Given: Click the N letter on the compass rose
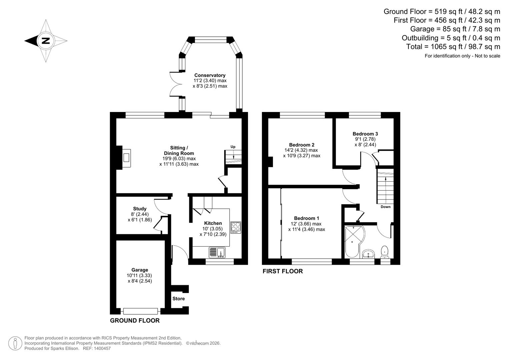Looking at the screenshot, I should [x=45, y=41].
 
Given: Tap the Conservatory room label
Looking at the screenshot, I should [x=210, y=75].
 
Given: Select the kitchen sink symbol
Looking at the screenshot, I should [x=217, y=252].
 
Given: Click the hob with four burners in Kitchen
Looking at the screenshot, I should [x=236, y=227].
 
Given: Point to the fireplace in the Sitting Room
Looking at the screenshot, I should [x=126, y=158].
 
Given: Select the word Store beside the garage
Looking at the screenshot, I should [x=178, y=299].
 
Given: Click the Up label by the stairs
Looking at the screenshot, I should [x=233, y=147].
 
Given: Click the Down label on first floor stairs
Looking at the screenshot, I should [x=385, y=207].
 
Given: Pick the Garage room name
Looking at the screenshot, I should [x=140, y=270].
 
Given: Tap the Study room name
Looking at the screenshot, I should [x=140, y=209].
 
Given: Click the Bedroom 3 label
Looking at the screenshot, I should [x=365, y=134].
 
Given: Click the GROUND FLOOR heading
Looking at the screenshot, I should [x=135, y=321].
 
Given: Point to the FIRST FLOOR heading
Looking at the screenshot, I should [x=283, y=271].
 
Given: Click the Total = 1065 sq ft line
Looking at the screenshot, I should [x=453, y=47].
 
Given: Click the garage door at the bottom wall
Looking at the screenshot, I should [x=140, y=311].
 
